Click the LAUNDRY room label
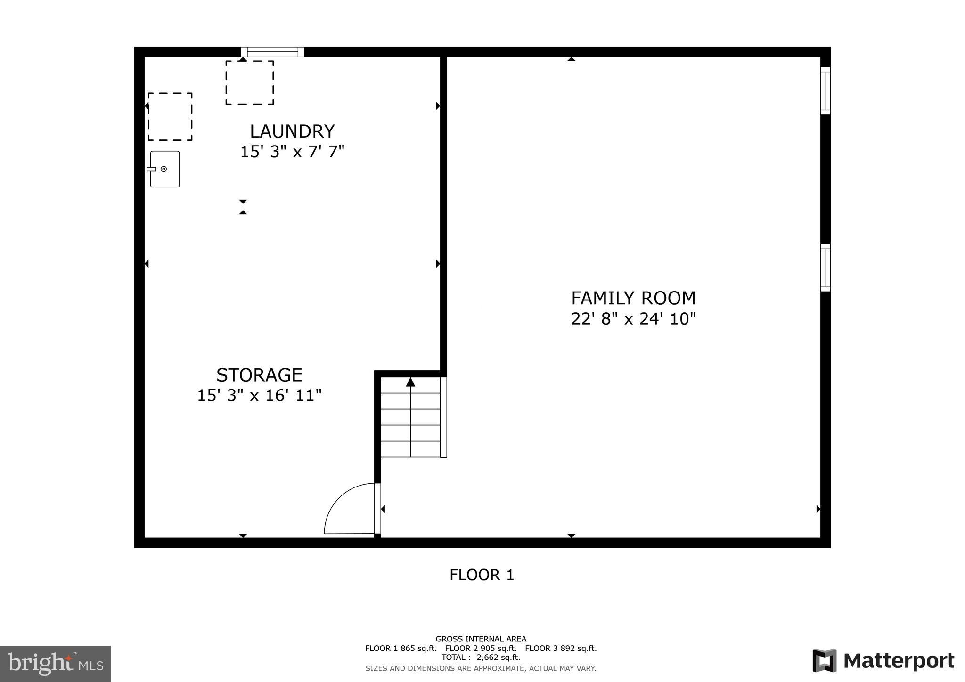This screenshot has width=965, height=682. tap(292, 131)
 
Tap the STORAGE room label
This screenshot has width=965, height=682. tap(259, 375)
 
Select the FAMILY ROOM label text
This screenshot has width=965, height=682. tap(633, 298)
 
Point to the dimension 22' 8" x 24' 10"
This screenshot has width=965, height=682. tap(633, 319)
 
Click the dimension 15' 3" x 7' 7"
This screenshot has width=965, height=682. tap(292, 152)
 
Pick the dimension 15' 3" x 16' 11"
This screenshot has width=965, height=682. tap(259, 395)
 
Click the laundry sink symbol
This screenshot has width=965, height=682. tap(165, 169)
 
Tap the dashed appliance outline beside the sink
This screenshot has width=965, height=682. tap(170, 117)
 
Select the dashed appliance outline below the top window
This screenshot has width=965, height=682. tap(250, 82)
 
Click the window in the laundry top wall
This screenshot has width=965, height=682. tap(272, 52)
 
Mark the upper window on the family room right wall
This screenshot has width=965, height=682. tap(825, 90)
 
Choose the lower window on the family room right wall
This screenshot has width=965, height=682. tap(825, 268)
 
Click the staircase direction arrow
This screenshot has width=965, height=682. tap(410, 382)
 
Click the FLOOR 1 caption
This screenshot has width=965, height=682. tap(482, 575)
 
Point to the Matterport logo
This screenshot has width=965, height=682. tap(883, 661)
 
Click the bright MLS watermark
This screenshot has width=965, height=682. tap(55, 664)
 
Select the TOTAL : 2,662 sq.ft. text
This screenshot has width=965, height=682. tap(481, 658)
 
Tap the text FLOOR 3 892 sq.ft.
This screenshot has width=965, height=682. tap(561, 648)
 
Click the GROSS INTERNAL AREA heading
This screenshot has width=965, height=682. tap(481, 639)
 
